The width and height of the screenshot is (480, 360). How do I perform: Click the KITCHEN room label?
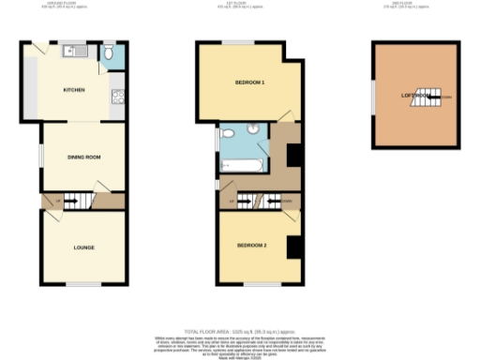pyautogui.click(x=74, y=90)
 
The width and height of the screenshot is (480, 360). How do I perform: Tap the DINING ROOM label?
pyautogui.click(x=82, y=157)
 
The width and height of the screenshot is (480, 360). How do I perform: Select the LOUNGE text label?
pyautogui.click(x=83, y=247)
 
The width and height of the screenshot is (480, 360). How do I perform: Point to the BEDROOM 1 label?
pyautogui.click(x=249, y=82)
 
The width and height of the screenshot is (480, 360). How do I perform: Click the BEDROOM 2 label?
pyautogui.click(x=251, y=246)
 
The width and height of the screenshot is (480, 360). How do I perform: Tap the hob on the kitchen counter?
pyautogui.click(x=119, y=94)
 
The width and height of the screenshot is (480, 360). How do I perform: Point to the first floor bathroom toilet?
pyautogui.click(x=227, y=134)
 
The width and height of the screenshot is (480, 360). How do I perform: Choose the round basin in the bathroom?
pyautogui.click(x=254, y=128)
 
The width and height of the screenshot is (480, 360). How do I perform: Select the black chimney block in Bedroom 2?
pyautogui.click(x=293, y=246)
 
